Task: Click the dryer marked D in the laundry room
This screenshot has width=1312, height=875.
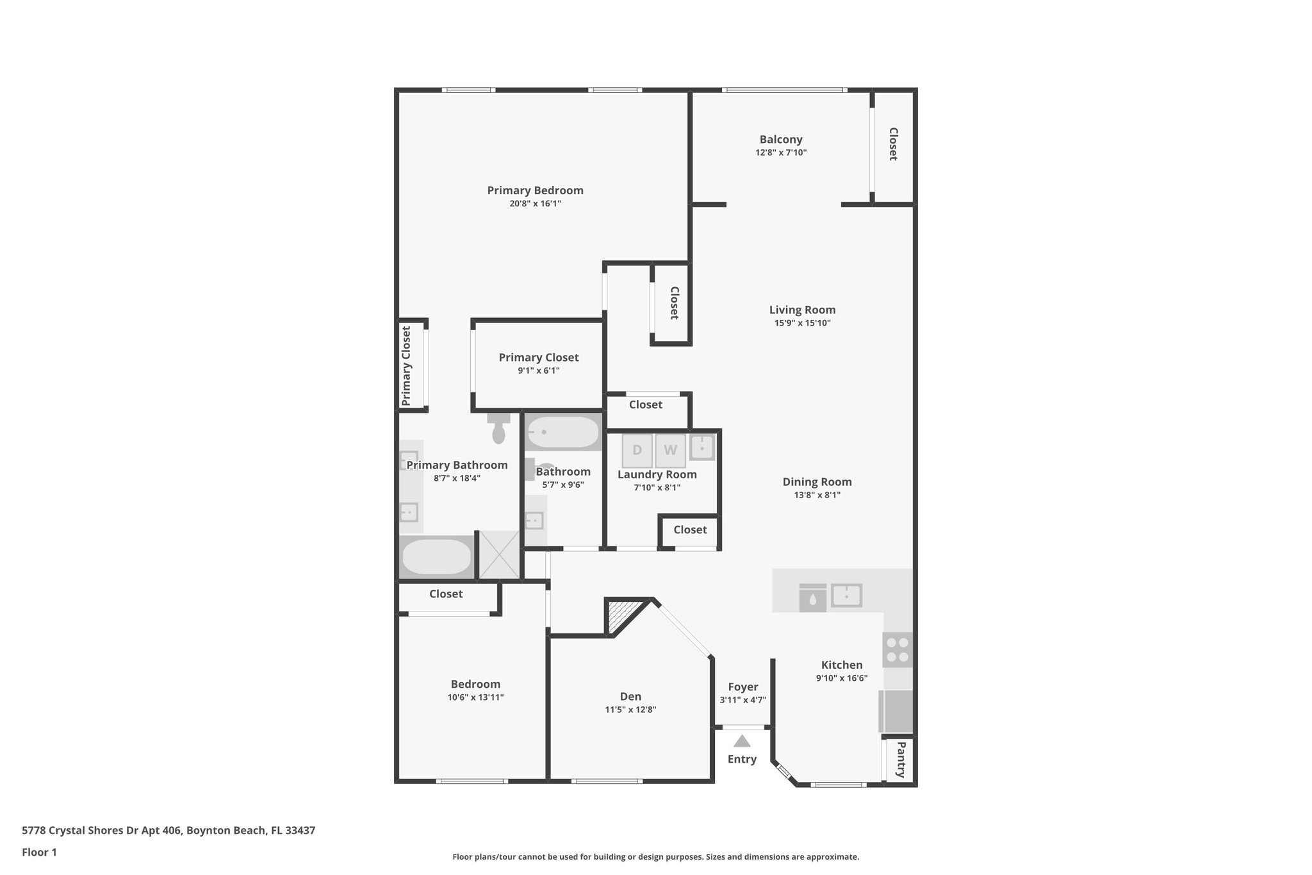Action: (x=637, y=450)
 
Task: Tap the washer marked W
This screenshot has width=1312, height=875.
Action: (x=670, y=450)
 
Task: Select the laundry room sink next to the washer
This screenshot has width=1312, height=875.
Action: (x=702, y=447)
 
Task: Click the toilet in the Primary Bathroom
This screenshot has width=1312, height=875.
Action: (x=498, y=429)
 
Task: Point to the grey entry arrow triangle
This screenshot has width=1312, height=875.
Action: (x=742, y=742)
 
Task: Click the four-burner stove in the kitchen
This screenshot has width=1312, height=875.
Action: (x=898, y=649)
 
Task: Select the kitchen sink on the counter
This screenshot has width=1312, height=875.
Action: (x=846, y=596)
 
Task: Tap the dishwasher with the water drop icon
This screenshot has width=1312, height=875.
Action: (x=812, y=598)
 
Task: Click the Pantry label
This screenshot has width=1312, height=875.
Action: (x=901, y=760)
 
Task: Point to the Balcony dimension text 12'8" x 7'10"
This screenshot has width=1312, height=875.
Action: (x=780, y=153)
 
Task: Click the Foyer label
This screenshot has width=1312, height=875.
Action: (x=742, y=687)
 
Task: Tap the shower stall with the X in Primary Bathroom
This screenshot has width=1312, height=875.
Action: (x=500, y=554)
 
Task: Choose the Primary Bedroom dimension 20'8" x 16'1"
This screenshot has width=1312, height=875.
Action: (x=535, y=204)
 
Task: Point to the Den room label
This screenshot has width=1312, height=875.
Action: (x=630, y=697)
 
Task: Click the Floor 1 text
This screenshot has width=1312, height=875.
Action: (x=39, y=853)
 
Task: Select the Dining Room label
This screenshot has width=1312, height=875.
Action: (x=817, y=482)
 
